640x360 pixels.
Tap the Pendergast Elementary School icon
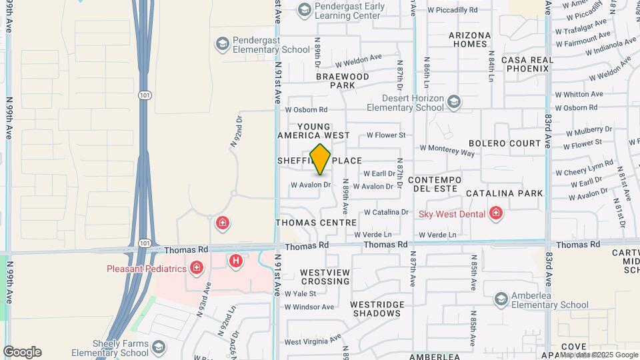221,44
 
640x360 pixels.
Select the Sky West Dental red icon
495,213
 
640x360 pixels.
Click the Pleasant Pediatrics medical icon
196,269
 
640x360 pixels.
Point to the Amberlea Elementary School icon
501,299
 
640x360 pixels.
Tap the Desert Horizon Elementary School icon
454,101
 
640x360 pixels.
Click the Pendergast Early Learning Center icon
304,9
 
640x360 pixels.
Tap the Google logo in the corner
22,352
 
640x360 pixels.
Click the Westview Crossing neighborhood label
325,277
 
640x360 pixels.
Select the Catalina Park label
504,193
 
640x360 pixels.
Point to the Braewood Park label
343,81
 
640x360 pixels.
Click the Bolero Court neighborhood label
505,143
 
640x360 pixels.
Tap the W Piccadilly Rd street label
453,10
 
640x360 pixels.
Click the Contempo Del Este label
435,185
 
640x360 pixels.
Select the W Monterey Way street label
447,151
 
